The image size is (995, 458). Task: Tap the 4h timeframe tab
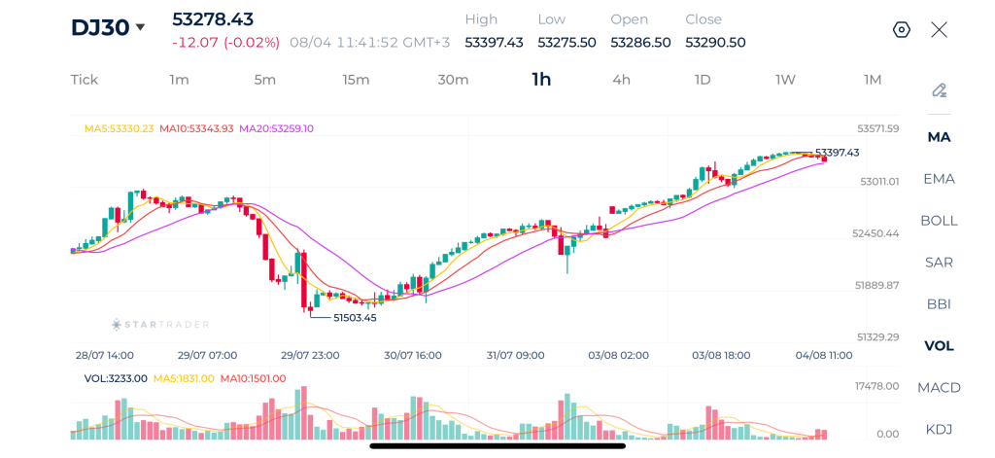pyautogui.click(x=621, y=80)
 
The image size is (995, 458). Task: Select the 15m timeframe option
pyautogui.click(x=356, y=80)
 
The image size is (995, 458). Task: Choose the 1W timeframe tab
pyautogui.click(x=785, y=80)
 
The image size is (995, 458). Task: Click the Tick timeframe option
pyautogui.click(x=85, y=80)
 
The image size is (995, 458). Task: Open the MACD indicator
pyautogui.click(x=939, y=387)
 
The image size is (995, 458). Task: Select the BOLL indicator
pyautogui.click(x=939, y=221)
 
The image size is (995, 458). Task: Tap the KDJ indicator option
pyautogui.click(x=939, y=429)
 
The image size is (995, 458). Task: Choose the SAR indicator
pyautogui.click(x=939, y=262)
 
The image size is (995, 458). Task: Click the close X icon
pyautogui.click(x=939, y=29)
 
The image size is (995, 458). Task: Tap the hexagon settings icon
pyautogui.click(x=902, y=29)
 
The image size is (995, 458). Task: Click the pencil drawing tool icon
pyautogui.click(x=940, y=90)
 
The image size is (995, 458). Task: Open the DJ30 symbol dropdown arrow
pyautogui.click(x=140, y=27)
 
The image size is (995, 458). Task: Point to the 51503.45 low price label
pyautogui.click(x=355, y=318)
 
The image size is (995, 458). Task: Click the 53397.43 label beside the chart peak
pyautogui.click(x=837, y=153)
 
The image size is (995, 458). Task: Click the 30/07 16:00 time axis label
pyautogui.click(x=412, y=355)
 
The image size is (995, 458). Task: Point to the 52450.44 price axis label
pyautogui.click(x=875, y=233)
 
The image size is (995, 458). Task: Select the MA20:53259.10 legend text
pyautogui.click(x=276, y=128)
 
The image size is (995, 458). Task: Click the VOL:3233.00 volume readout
pyautogui.click(x=116, y=378)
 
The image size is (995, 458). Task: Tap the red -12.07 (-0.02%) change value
pyautogui.click(x=225, y=43)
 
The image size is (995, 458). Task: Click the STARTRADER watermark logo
pyautogui.click(x=160, y=325)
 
